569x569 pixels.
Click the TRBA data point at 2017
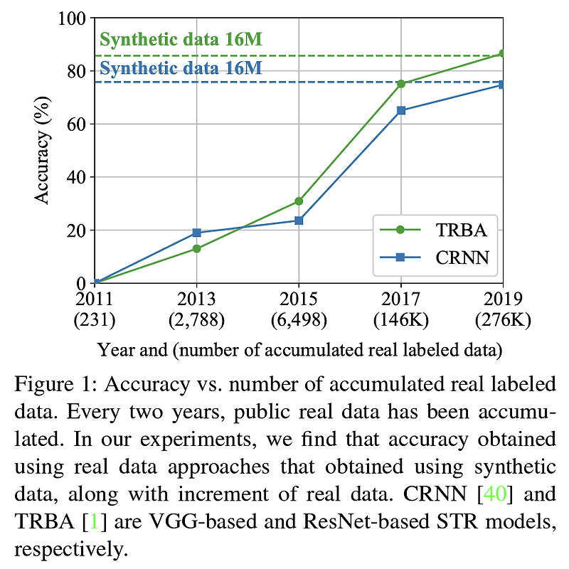(401, 84)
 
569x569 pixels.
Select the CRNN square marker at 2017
(401, 110)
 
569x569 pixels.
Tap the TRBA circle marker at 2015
(299, 201)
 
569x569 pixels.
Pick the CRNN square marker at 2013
(196, 233)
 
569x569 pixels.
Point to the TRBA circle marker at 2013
(196, 248)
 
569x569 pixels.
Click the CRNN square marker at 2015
(299, 220)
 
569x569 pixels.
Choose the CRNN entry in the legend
(434, 257)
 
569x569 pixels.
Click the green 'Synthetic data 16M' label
(181, 40)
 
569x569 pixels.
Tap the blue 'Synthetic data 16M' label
(181, 68)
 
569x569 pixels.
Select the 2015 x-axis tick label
(299, 298)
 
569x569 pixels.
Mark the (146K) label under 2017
(401, 319)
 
